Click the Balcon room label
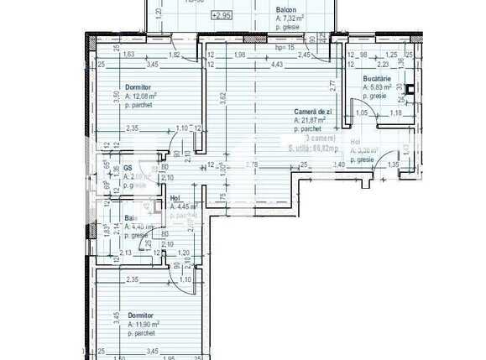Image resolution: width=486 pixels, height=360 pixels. tap(287, 9)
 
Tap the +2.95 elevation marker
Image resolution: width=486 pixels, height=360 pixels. tap(222, 15)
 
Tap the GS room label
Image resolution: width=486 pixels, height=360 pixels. tap(128, 168)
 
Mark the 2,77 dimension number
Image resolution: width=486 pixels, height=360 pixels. tap(332, 85)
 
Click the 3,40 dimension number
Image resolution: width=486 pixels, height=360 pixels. tap(338, 164)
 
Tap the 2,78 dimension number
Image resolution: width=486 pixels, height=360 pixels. tap(253, 164)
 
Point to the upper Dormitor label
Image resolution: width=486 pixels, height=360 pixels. tap(138, 87)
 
